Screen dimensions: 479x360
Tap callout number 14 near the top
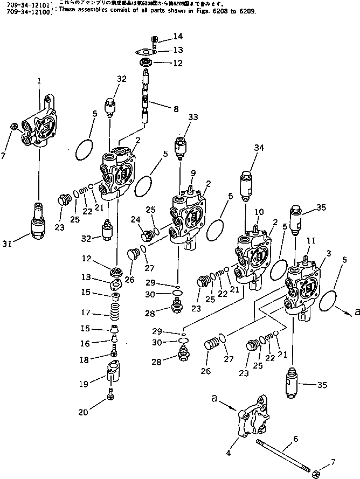[178, 37]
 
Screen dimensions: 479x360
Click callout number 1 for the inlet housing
[39, 81]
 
